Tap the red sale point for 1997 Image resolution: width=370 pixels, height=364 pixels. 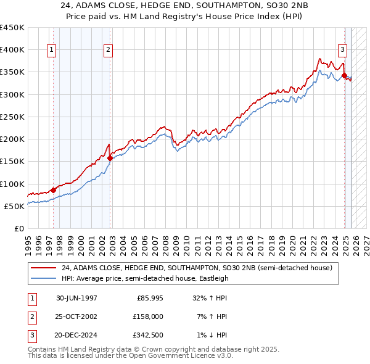pos(53,190)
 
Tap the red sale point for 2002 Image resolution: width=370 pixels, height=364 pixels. pos(110,158)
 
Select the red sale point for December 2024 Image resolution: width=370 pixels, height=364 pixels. pos(344,75)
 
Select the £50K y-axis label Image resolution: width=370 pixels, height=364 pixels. pos(15,206)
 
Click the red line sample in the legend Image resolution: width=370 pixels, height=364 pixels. pos(44,268)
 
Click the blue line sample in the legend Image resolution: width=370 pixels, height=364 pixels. pos(44,278)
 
